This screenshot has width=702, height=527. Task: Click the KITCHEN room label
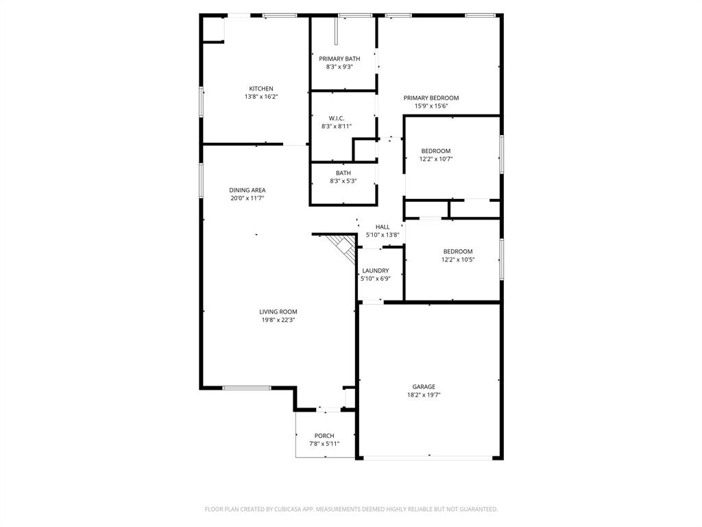pos(261,89)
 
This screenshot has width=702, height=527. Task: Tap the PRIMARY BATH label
pos(339,59)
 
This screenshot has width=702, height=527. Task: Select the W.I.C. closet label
pos(336,118)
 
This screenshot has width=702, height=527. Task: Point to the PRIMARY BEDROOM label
pos(431,98)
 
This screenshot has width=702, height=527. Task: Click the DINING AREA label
pos(247,190)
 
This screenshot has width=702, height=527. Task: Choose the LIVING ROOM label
pos(278,312)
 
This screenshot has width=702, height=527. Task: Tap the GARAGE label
pos(424,387)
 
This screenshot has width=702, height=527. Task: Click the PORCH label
pos(324,436)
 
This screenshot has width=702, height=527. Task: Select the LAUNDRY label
pos(375,271)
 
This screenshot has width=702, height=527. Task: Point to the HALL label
pos(383,227)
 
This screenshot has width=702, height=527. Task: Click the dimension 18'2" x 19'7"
pos(424,395)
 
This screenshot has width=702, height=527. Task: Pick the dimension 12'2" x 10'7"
pos(436,159)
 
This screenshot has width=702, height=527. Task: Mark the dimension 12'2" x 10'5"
pos(457,260)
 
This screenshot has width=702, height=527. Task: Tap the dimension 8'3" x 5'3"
pos(343,181)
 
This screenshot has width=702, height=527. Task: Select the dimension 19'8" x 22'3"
pos(278,320)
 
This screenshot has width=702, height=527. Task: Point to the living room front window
pos(246,388)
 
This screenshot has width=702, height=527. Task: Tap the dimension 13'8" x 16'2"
pos(261,97)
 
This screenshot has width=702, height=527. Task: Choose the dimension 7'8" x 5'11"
pos(324,444)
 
